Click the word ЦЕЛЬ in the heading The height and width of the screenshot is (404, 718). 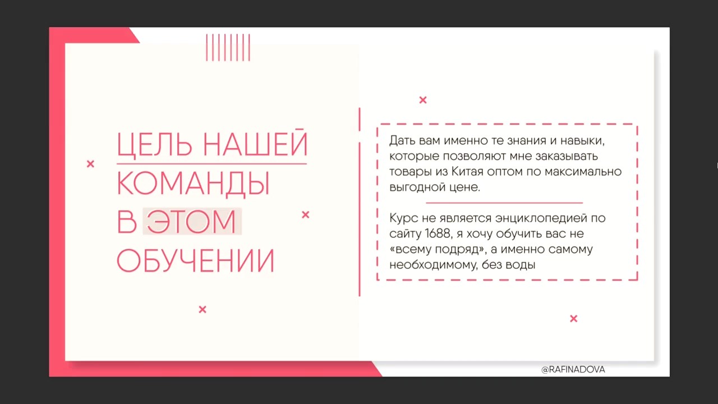click(x=154, y=145)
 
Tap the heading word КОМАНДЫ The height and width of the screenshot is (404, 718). click(x=194, y=183)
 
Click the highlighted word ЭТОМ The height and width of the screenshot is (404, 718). click(x=191, y=221)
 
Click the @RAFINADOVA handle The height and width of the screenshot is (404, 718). click(x=573, y=370)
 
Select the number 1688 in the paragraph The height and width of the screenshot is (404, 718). click(x=438, y=233)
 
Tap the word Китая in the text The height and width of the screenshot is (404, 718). click(x=467, y=172)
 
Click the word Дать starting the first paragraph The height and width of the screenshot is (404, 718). click(x=402, y=140)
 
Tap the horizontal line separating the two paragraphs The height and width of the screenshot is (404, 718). click(x=504, y=203)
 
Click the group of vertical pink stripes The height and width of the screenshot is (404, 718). click(x=228, y=48)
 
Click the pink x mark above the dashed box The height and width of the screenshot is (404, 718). click(x=423, y=100)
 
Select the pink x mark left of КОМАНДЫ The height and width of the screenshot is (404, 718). click(x=90, y=164)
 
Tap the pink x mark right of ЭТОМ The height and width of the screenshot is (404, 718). click(x=306, y=214)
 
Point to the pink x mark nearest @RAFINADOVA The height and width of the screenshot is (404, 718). click(x=573, y=318)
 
